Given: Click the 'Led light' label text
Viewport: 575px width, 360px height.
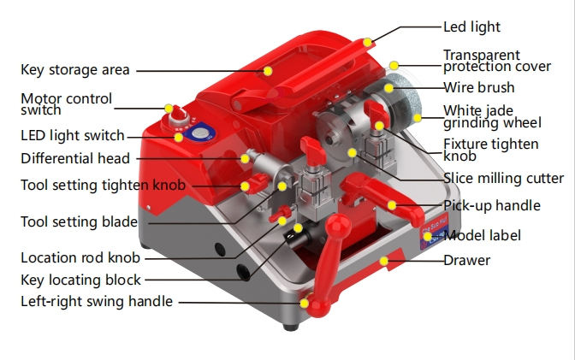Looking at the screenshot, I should tap(472, 27).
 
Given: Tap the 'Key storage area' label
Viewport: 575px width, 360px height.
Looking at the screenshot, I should tap(75, 69).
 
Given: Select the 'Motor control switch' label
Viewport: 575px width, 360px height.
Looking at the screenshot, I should tap(66, 103).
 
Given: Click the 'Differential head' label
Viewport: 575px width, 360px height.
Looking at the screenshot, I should tap(75, 158).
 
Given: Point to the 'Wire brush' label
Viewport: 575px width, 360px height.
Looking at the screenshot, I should tap(478, 86).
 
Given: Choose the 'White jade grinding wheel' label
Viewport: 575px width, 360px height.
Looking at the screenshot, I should tap(490, 117).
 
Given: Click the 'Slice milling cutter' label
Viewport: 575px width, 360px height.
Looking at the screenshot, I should tap(503, 178).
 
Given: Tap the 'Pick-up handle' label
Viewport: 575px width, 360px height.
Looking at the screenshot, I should tap(491, 205).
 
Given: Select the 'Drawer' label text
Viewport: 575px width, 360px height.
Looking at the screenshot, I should tap(466, 260).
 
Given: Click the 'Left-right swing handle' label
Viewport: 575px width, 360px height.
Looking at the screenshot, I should tap(97, 301).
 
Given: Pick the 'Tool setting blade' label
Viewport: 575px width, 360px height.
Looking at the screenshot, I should tap(79, 222).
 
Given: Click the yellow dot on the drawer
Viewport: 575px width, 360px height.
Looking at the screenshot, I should tap(384, 260).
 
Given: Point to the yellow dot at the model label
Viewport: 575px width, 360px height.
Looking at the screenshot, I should tap(428, 235).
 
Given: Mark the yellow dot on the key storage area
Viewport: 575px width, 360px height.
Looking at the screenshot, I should tap(268, 70).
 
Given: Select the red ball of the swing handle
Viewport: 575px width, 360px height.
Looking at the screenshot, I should tap(305, 303).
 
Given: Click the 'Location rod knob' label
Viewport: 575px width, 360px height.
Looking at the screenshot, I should tap(80, 257).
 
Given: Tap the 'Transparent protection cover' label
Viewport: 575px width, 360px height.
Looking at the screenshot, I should tap(497, 62).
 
